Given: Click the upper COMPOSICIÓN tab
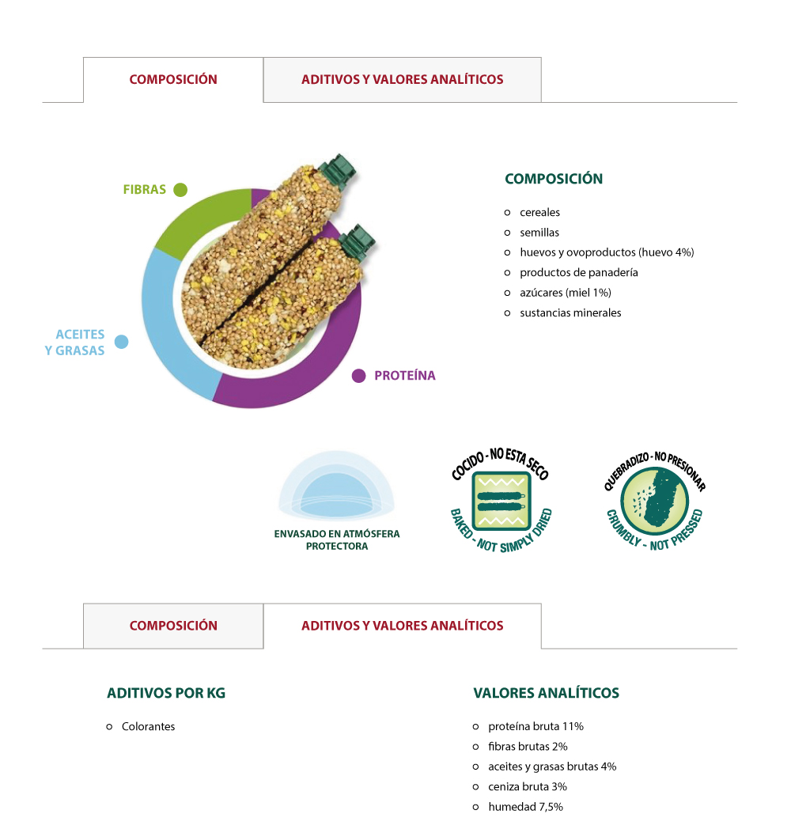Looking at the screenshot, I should [173, 79].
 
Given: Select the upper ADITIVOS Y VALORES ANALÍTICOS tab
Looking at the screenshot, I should [402, 79].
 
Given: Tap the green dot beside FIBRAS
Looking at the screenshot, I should [180, 190].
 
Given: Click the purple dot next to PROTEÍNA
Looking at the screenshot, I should [359, 376].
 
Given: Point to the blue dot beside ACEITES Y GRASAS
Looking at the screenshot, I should [121, 342].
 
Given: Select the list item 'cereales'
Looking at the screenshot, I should [539, 213].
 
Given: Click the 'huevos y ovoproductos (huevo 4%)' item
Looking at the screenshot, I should [606, 252].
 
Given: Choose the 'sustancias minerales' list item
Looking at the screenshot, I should [570, 312].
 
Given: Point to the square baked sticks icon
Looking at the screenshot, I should [500, 500].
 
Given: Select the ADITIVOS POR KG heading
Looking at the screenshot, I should [166, 694].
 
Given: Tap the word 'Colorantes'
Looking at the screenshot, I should [148, 726].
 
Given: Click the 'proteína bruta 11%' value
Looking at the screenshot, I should [536, 726].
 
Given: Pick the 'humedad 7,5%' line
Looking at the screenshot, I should [525, 807].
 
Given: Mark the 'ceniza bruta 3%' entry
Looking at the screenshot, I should [527, 786].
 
